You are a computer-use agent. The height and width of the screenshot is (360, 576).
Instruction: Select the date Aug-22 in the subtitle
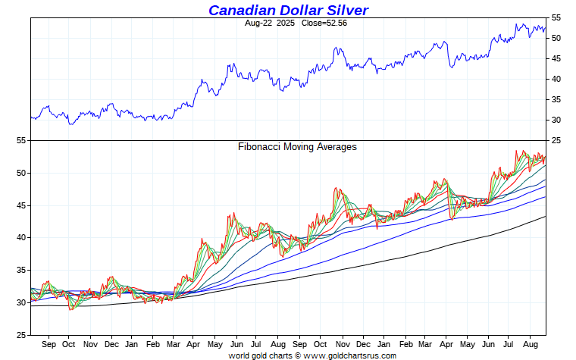259,23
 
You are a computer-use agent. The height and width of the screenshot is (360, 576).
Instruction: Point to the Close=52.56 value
321,23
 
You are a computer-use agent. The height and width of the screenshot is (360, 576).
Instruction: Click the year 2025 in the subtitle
286,23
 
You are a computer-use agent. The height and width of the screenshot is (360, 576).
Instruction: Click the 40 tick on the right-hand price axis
556,79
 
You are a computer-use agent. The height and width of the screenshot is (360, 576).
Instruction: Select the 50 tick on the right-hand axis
556,38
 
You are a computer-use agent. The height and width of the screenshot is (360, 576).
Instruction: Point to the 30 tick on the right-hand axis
556,120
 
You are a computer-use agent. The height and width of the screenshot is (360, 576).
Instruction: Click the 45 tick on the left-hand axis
21,205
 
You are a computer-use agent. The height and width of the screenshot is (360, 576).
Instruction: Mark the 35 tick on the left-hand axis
21,271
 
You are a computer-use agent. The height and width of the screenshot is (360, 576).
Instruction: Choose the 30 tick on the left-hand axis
21,302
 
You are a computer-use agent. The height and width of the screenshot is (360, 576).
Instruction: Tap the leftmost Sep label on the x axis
49,343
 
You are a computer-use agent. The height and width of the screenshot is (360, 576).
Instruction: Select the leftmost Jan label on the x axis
131,343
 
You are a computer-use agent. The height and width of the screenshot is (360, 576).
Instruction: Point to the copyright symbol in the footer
298,355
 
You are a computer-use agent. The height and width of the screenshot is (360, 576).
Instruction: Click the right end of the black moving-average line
546,217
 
